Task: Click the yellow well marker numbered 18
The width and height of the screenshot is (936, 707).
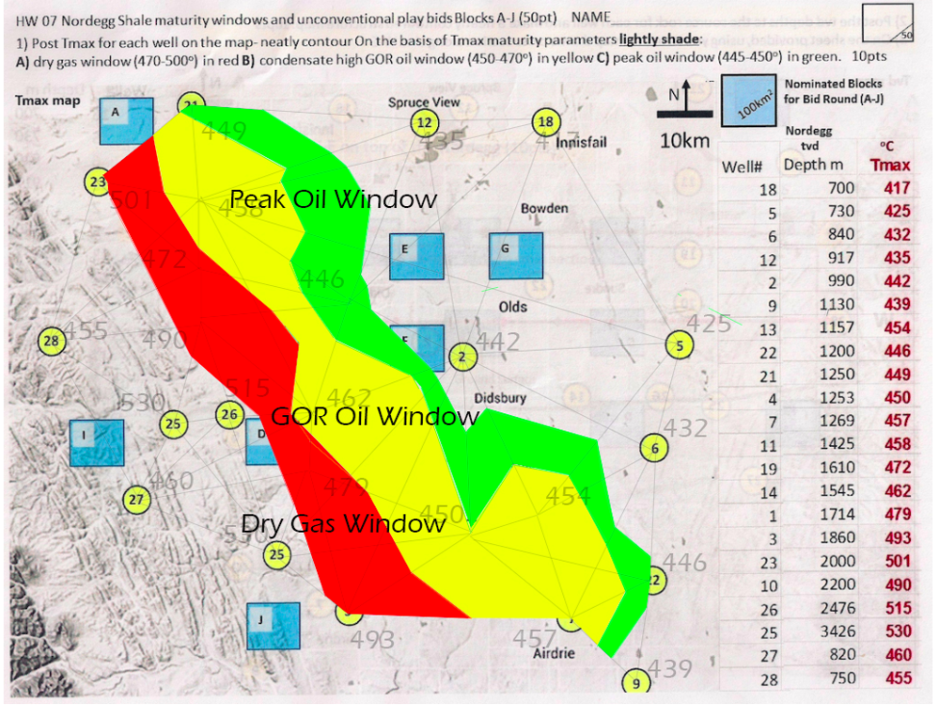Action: (x=546, y=121)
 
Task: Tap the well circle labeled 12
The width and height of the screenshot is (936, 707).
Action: (x=424, y=122)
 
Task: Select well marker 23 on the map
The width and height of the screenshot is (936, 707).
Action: (x=97, y=181)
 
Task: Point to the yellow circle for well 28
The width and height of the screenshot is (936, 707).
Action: (x=52, y=340)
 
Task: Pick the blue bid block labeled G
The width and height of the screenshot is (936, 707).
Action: (x=516, y=256)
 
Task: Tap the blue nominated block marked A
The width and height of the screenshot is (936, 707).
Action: (x=127, y=120)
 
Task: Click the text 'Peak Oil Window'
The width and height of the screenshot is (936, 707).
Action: (x=333, y=199)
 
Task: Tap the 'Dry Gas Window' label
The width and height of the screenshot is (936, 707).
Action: (x=343, y=524)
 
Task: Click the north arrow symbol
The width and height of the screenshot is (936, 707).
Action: (x=684, y=98)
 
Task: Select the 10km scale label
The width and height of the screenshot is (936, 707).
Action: (x=685, y=141)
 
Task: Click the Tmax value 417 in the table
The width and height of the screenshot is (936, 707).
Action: (x=897, y=189)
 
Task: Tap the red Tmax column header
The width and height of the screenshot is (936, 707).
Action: (x=890, y=166)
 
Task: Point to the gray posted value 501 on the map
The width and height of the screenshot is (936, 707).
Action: (x=131, y=200)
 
